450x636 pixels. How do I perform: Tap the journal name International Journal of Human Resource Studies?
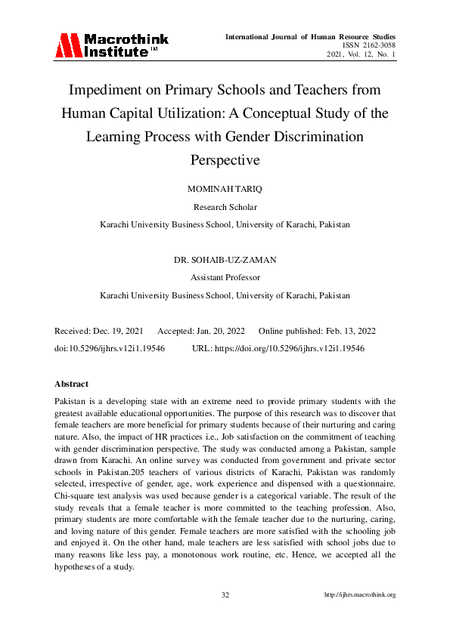coord(310,36)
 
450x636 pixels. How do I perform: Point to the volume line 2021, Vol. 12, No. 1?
coord(362,54)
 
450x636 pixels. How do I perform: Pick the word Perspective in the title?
coord(225,160)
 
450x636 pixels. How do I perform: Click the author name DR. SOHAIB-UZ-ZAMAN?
coord(225,260)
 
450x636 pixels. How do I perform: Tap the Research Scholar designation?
coord(225,207)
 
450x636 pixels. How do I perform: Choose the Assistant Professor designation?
coord(225,277)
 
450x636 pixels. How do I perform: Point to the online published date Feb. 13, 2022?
coord(345,332)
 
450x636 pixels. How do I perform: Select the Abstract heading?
coord(72,384)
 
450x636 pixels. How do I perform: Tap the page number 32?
coord(225,595)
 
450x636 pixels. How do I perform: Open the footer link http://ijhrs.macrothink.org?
coord(360,595)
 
